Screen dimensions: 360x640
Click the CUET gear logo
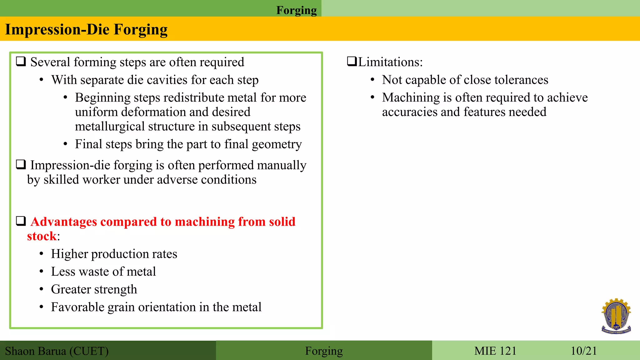(616, 316)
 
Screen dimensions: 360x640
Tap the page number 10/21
(583, 351)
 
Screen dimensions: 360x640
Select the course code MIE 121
(495, 351)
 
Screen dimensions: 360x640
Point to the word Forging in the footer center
(324, 351)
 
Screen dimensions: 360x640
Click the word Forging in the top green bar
(296, 10)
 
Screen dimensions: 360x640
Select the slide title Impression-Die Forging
(86, 29)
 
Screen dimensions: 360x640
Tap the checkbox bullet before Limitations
(352, 61)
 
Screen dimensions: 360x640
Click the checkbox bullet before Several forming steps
(21, 61)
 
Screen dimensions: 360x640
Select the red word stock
(42, 236)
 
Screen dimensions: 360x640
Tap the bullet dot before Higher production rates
(41, 254)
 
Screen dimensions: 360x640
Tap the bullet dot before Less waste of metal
(41, 272)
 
